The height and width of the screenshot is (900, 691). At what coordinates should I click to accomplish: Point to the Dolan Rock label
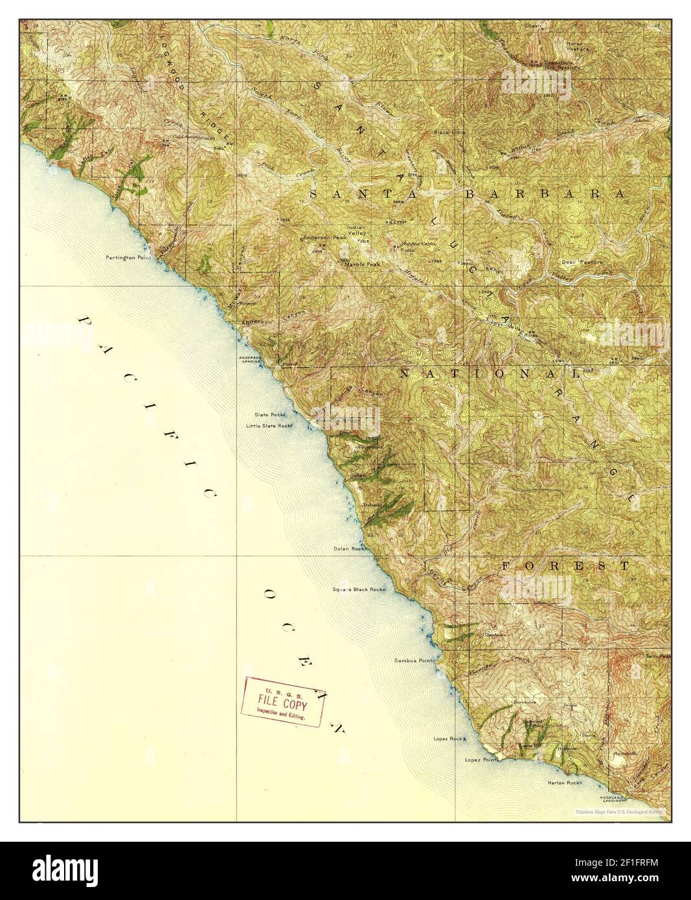coord(349,548)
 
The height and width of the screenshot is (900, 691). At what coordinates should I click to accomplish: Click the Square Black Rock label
coord(359,589)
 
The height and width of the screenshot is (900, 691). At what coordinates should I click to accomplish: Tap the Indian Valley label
coord(357,231)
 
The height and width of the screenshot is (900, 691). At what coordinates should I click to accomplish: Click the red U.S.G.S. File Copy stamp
coord(282,702)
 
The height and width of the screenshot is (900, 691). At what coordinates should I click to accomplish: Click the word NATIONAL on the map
coord(489,374)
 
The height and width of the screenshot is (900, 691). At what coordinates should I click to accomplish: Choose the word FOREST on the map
coord(565,565)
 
